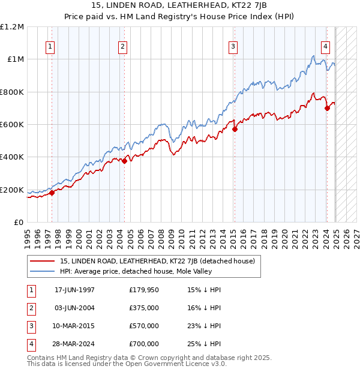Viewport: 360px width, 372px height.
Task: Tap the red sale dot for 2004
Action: pyautogui.click(x=124, y=161)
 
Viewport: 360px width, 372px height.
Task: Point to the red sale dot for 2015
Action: pyautogui.click(x=235, y=129)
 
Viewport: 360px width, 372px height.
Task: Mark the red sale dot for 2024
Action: pyautogui.click(x=328, y=108)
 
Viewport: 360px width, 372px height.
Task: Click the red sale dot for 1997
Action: pyautogui.click(x=52, y=193)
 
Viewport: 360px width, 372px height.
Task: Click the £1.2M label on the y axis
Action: pyautogui.click(x=12, y=27)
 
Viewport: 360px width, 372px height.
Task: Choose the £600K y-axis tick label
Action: pyautogui.click(x=12, y=124)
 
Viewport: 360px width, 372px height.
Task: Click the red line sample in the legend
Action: pyautogui.click(x=42, y=261)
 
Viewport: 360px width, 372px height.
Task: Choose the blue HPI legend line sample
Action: pyautogui.click(x=42, y=271)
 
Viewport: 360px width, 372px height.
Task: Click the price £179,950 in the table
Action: pyautogui.click(x=144, y=290)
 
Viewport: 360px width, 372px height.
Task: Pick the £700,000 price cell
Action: pyautogui.click(x=144, y=344)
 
